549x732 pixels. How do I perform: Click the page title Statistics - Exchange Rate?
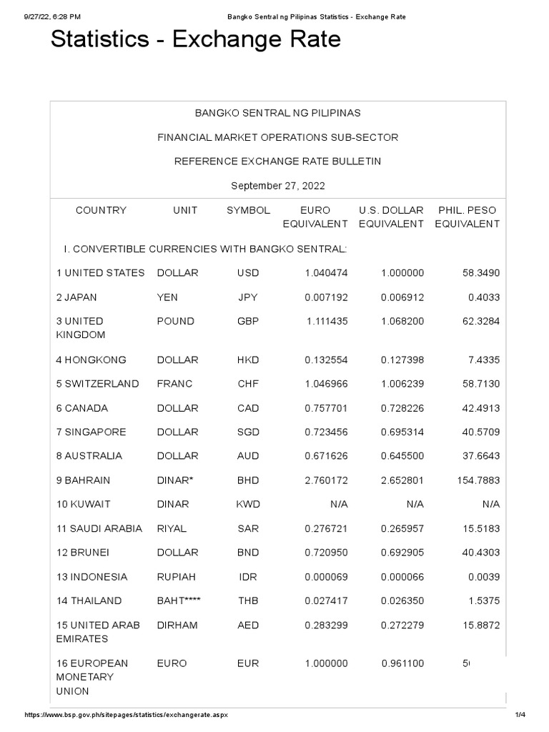[195, 41]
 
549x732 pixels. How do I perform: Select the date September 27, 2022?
[278, 186]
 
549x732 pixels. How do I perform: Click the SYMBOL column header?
[248, 210]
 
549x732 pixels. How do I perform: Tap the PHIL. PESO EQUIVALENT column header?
[467, 217]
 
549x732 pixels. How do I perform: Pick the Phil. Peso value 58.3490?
[480, 273]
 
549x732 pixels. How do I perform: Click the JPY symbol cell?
[248, 297]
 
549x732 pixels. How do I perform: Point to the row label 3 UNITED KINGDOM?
[80, 328]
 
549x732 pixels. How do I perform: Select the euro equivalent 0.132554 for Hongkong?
[326, 360]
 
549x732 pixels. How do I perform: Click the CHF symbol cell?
[248, 384]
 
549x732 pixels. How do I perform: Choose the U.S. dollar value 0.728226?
[402, 408]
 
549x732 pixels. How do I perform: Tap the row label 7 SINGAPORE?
[91, 432]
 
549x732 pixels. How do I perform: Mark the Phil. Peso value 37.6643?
[480, 456]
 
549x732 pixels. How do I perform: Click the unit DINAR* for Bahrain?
[175, 480]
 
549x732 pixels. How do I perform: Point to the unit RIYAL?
[172, 529]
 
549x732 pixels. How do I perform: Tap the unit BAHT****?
[179, 601]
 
